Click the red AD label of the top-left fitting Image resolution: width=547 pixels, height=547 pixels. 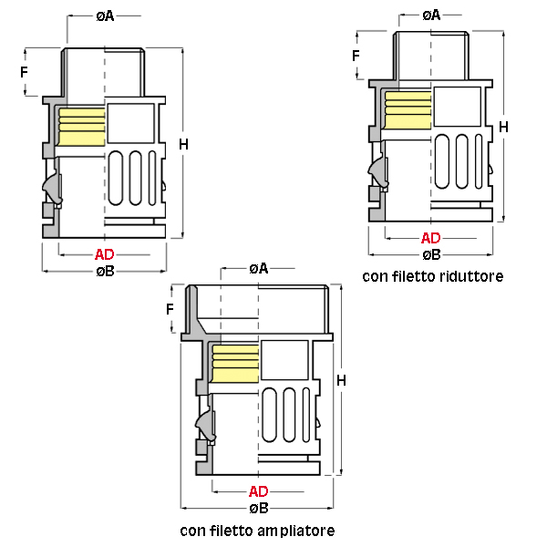pyautogui.click(x=105, y=254)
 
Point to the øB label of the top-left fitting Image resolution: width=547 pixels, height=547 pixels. pyautogui.click(x=105, y=272)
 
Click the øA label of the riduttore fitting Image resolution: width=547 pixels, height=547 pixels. pyautogui.click(x=431, y=15)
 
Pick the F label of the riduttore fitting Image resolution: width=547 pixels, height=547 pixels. pyautogui.click(x=356, y=57)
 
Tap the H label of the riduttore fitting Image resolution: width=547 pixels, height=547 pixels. pyautogui.click(x=503, y=128)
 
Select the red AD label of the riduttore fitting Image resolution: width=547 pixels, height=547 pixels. pyautogui.click(x=431, y=239)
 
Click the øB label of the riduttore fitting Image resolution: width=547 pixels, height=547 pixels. pyautogui.click(x=431, y=255)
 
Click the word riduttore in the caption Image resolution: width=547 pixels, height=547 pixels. pyautogui.click(x=470, y=275)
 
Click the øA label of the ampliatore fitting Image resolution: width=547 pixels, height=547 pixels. pyautogui.click(x=259, y=268)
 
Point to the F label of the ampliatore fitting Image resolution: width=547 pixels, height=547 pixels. pyautogui.click(x=170, y=309)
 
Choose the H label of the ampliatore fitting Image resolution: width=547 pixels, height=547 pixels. pyautogui.click(x=341, y=378)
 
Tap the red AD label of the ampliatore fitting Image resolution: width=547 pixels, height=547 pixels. pyautogui.click(x=259, y=490)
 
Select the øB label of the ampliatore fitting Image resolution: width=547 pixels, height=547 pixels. pyautogui.click(x=259, y=508)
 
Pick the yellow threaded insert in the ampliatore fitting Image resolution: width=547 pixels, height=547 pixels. pyautogui.click(x=234, y=362)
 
